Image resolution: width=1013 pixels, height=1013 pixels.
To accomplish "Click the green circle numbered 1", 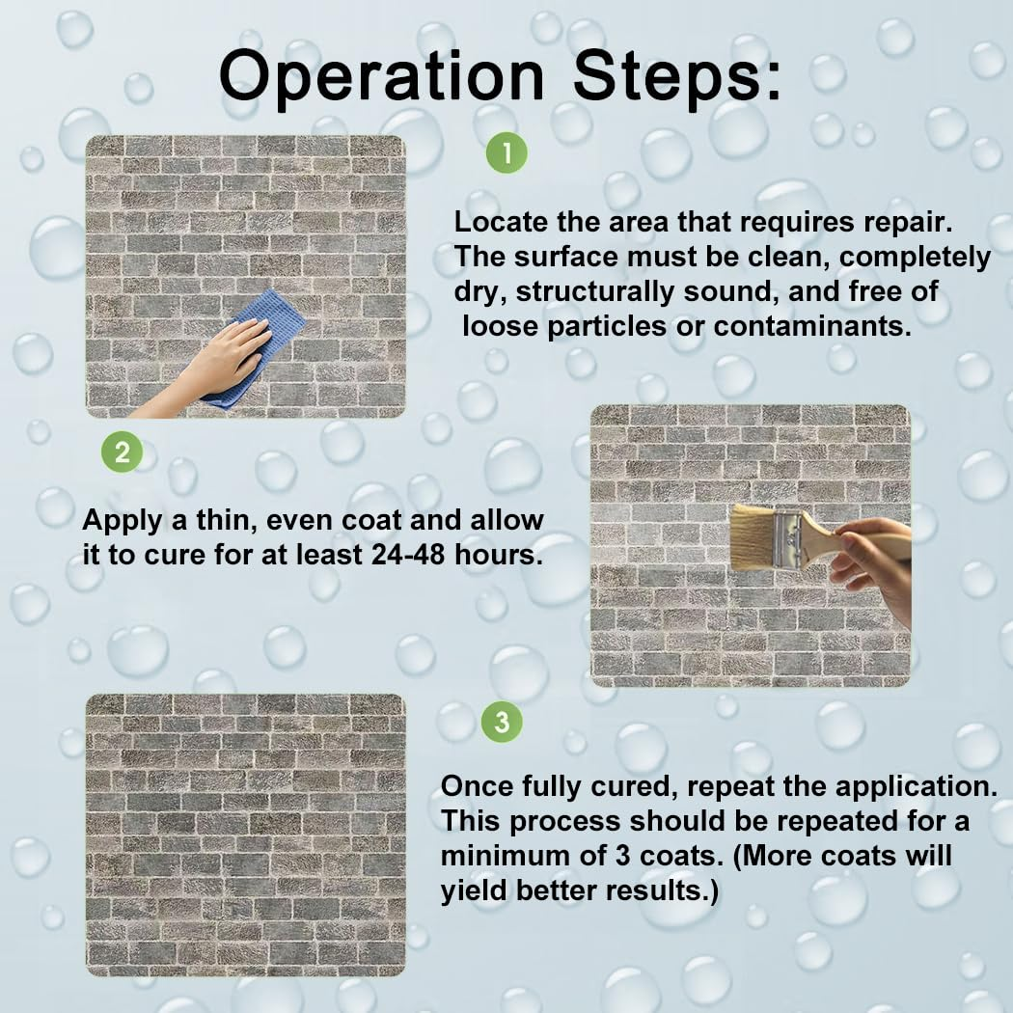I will (x=506, y=152).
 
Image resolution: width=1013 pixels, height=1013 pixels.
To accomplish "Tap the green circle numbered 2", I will (x=122, y=452).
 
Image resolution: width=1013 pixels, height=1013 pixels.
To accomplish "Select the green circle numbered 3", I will (x=502, y=722).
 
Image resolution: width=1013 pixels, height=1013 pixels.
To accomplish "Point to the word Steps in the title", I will (x=681, y=77).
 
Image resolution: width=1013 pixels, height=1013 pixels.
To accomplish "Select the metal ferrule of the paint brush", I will (x=786, y=536).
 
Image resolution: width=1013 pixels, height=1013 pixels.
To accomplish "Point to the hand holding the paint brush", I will (x=873, y=560).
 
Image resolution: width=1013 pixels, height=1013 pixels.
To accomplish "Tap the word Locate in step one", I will (x=501, y=222).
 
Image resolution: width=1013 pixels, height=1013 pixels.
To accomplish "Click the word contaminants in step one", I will (x=812, y=326).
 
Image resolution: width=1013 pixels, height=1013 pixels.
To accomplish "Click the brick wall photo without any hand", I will (x=245, y=835).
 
